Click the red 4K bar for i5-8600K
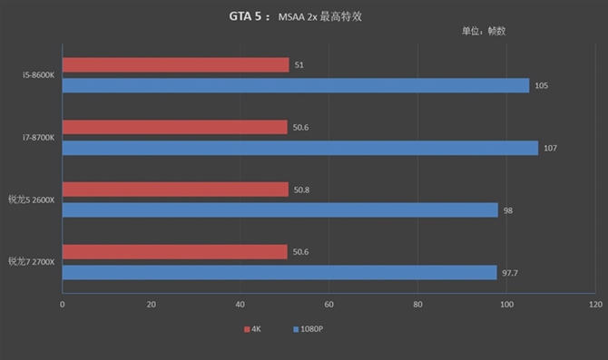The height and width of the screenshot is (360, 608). tap(175, 64)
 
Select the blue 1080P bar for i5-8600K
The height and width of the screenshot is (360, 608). tap(295, 85)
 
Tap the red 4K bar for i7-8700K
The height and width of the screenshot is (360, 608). tap(174, 127)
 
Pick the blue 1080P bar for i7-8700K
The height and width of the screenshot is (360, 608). tap(299, 148)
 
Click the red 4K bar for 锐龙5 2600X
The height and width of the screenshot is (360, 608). tap(174, 190)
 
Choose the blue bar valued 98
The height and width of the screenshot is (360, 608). tap(279, 210)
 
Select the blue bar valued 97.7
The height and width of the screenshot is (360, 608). tap(279, 272)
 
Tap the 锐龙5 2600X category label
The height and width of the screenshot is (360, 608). tap(32, 199)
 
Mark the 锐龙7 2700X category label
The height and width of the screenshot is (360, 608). tap(32, 262)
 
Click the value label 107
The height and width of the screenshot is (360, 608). tap(551, 148)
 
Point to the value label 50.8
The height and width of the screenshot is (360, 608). tap(303, 190)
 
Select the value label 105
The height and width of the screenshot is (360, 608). tap(542, 85)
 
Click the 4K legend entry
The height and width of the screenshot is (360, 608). tap(253, 328)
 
